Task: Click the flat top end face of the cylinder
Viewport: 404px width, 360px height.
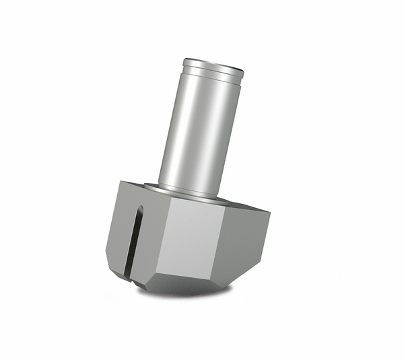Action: [x=213, y=65]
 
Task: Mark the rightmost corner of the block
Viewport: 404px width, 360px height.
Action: [x=270, y=215]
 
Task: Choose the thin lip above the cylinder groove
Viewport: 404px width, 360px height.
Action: [x=213, y=69]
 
